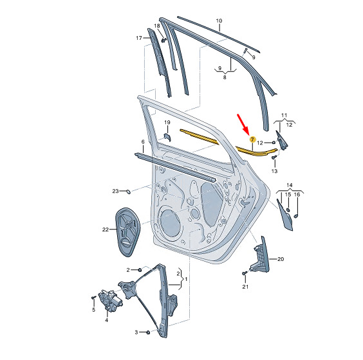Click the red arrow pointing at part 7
[x=243, y=125]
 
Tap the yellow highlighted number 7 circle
[x=252, y=139]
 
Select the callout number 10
[x=219, y=21]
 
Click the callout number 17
[x=139, y=38]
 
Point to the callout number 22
[x=106, y=230]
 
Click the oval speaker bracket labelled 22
[x=128, y=232]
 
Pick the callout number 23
[x=115, y=191]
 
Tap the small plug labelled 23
[x=128, y=192]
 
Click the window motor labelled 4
[x=110, y=300]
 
